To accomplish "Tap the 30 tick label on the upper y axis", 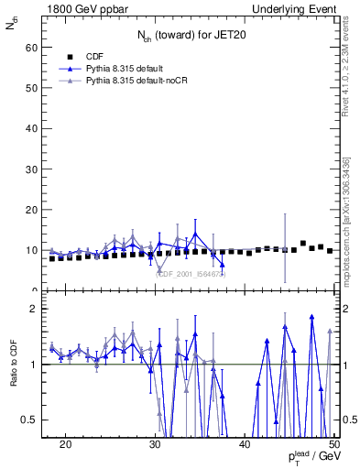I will pos(34,169).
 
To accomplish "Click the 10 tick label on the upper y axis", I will pos(34,250).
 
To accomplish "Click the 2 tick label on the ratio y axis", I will pos(37,309).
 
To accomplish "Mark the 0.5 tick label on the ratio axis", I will pos(32,420).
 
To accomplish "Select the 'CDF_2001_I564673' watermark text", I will pos(191,273).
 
